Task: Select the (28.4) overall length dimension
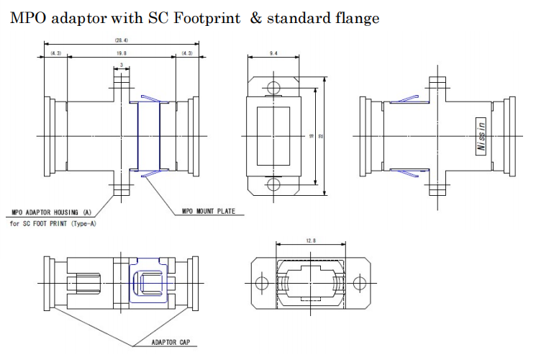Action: (121, 41)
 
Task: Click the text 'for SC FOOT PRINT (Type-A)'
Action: (54, 223)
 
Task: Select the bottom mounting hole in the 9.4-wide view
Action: (272, 185)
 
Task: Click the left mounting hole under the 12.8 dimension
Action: (262, 283)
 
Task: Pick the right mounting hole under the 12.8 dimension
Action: (360, 283)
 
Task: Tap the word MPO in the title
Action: (26, 19)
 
